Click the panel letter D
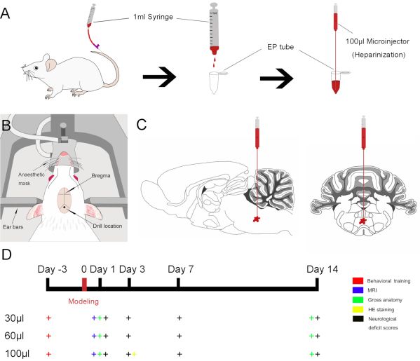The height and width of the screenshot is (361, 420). pos(8,250)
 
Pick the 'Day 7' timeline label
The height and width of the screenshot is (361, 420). pos(179,268)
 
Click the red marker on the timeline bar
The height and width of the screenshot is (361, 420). pos(84,284)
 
